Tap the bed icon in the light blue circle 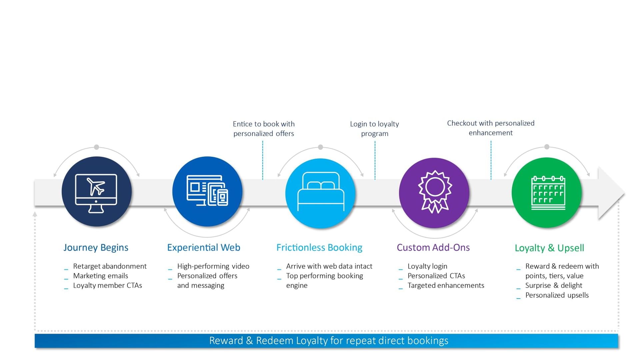tap(321, 192)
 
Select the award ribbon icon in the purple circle tap(435, 192)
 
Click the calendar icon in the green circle tap(548, 193)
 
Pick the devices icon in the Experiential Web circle tap(207, 190)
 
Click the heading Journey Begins tap(96, 248)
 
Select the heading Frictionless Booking tap(319, 247)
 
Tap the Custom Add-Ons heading tap(433, 247)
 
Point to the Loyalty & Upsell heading tap(549, 248)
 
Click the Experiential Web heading tap(204, 247)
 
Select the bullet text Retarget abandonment tap(110, 266)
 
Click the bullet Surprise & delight tap(554, 285)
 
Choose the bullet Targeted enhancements tap(446, 285)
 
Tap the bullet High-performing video tap(213, 266)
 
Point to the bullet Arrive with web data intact tap(329, 266)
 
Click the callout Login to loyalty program tap(375, 129)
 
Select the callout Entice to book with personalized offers tap(264, 129)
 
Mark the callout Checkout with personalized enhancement tap(491, 128)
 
